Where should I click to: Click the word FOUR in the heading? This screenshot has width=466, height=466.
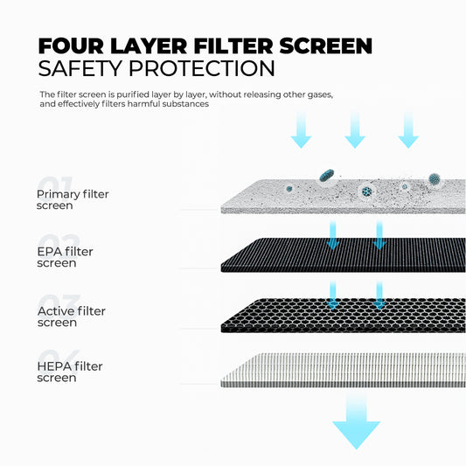pos(71,46)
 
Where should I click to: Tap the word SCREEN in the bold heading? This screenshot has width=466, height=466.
pos(326,46)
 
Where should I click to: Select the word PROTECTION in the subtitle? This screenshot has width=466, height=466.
pos(202,68)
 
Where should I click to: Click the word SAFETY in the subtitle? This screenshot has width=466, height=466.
pos(80,68)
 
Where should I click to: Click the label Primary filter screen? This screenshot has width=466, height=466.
pos(73,199)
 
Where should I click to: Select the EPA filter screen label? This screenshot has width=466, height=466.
pos(65,257)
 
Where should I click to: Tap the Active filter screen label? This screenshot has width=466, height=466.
pos(72,316)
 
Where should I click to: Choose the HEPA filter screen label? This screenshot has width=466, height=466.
pos(70,372)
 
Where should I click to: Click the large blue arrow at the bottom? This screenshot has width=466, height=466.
pos(356,422)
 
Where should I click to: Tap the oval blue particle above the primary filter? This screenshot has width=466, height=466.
pos(327,175)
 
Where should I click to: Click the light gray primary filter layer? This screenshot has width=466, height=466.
pos(344,196)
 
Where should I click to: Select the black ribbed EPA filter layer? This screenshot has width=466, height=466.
pos(344,255)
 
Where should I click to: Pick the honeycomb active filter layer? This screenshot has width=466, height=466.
pos(344,315)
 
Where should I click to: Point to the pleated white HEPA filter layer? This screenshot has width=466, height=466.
pos(344,371)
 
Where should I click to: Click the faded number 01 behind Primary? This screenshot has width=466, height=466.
pos(55,183)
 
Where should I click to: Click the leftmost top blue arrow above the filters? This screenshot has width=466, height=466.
pos(301,130)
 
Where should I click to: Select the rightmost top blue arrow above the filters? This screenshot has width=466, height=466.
pos(408,130)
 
